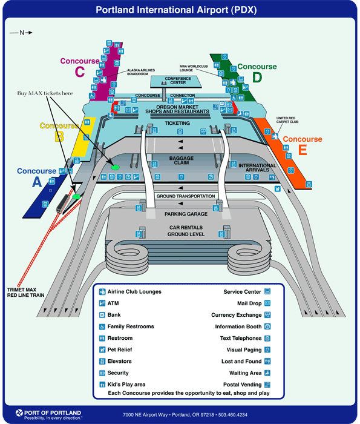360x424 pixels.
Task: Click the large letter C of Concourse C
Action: pos(80,72)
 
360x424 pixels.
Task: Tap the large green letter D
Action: pos(257,78)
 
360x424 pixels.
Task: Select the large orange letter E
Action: pos(303,150)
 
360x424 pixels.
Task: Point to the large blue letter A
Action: pos(37,182)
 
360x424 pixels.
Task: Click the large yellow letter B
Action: pos(59,136)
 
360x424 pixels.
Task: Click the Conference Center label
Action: pos(178,81)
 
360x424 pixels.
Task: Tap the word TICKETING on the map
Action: pos(177,124)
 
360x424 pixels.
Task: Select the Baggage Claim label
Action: pos(182,161)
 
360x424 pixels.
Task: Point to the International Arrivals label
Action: pos(257,168)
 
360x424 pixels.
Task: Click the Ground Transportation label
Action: pos(186,196)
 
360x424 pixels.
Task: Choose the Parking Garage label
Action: pos(186,214)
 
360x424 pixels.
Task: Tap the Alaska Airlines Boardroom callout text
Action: pos(141,72)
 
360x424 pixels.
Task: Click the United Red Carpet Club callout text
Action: pos(287,120)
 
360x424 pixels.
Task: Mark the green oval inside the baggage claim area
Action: pos(116,167)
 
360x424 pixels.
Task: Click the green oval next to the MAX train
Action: pos(76,197)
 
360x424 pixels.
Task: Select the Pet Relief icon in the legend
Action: pos(102,349)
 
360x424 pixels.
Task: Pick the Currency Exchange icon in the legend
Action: pos(267,315)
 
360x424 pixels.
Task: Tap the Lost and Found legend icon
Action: pos(267,361)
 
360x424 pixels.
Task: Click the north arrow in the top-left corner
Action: pos(21,33)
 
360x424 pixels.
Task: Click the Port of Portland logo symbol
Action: pos(19,413)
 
